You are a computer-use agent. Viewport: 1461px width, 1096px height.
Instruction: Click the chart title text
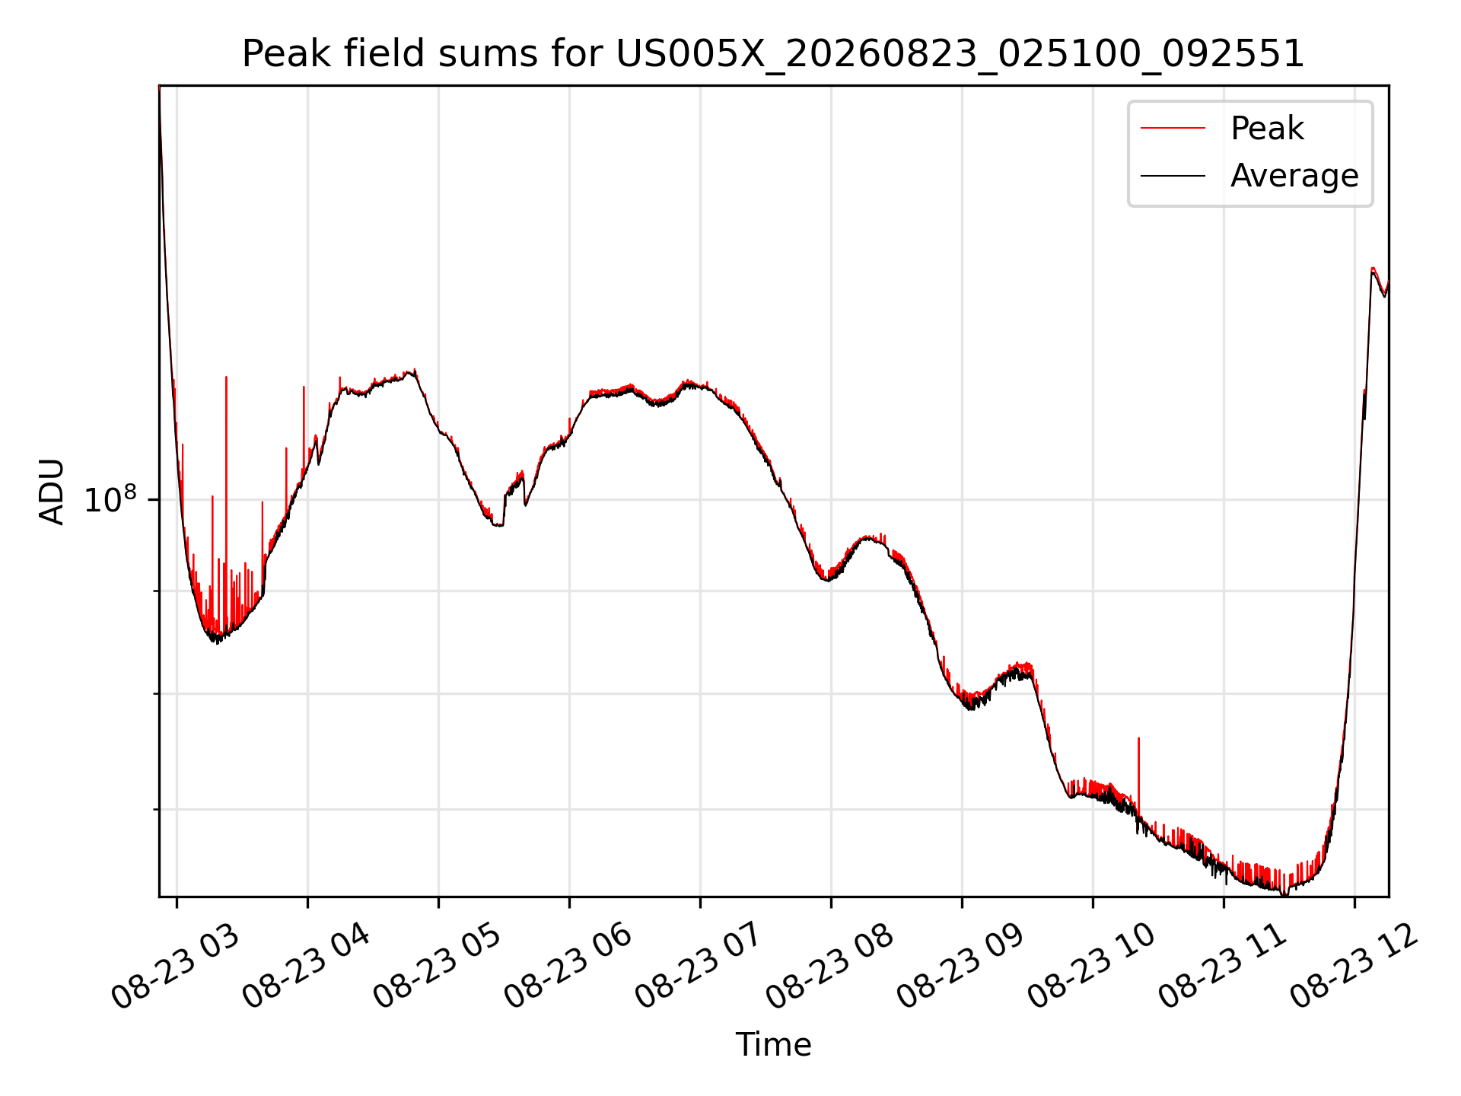pyautogui.click(x=773, y=54)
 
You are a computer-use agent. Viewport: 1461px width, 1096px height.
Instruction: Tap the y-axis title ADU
pyautogui.click(x=52, y=491)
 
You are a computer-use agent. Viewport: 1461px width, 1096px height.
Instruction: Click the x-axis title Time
pyautogui.click(x=773, y=1044)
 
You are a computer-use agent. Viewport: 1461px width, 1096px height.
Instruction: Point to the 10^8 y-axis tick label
pyautogui.click(x=110, y=499)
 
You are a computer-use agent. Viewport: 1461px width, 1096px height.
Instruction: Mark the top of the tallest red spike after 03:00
pyautogui.click(x=226, y=377)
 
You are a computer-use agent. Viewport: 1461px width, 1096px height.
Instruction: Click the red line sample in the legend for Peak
pyautogui.click(x=1173, y=128)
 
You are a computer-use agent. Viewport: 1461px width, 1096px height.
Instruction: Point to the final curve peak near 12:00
pyautogui.click(x=1373, y=268)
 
